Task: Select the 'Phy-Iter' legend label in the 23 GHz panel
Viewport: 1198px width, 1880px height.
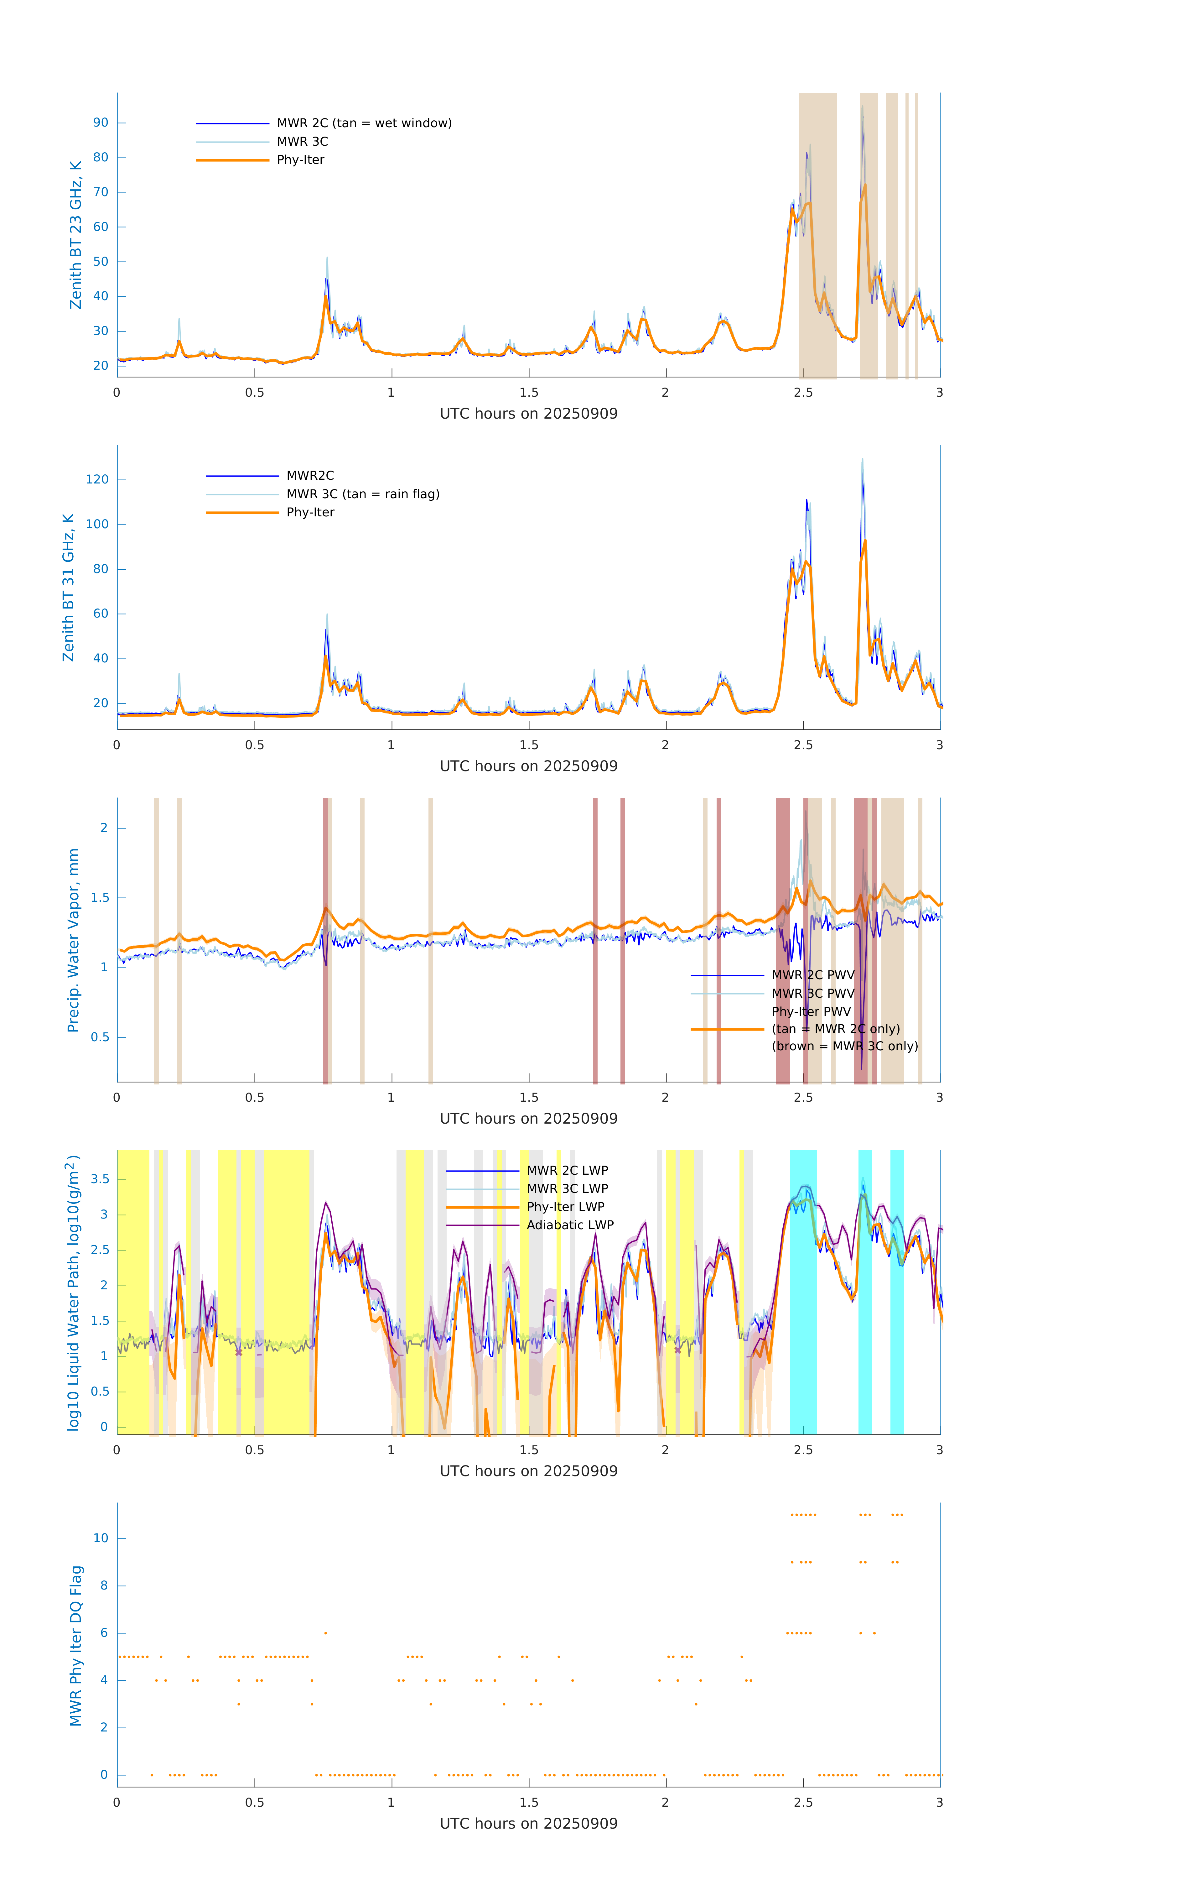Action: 300,160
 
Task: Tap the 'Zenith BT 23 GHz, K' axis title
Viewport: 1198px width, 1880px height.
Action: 76,235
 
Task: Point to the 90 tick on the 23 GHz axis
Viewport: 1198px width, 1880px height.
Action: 101,123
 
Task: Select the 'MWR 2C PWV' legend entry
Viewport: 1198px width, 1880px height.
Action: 812,975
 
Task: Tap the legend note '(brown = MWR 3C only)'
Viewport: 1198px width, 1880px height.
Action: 844,1046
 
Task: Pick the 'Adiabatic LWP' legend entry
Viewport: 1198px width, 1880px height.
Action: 570,1225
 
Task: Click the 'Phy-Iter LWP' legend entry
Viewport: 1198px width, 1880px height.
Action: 565,1207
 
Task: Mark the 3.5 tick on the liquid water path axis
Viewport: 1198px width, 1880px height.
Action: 100,1180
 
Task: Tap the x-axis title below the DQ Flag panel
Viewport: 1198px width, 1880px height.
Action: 528,1824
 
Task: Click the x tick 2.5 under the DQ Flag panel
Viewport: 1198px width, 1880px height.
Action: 803,1803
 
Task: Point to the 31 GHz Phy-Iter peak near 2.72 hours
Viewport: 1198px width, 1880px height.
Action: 865,541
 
